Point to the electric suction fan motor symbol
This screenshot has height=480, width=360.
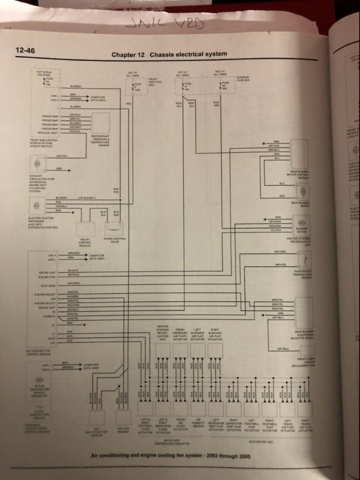(36, 205)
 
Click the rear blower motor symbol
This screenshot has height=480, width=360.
(303, 192)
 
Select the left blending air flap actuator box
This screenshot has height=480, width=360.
(197, 351)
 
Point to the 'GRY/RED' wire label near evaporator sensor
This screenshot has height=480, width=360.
(280, 251)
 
